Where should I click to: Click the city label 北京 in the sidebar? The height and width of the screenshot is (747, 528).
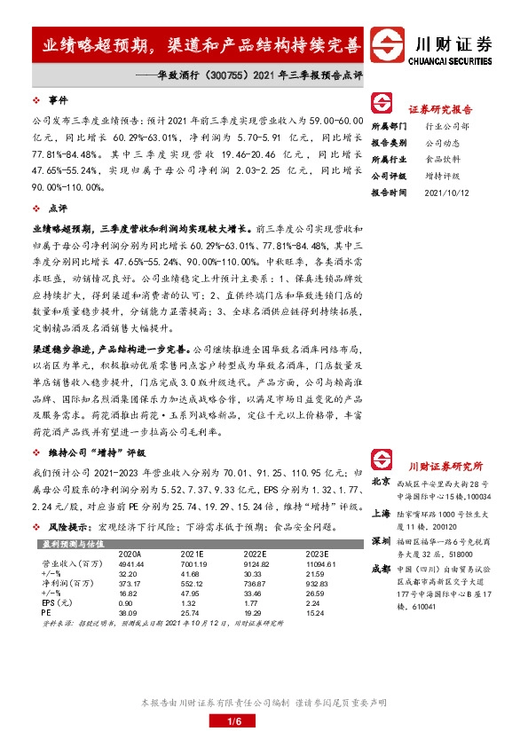[x=381, y=482]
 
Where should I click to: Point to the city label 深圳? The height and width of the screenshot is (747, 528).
[x=381, y=540]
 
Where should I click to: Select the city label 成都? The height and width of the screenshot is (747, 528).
[x=381, y=569]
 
